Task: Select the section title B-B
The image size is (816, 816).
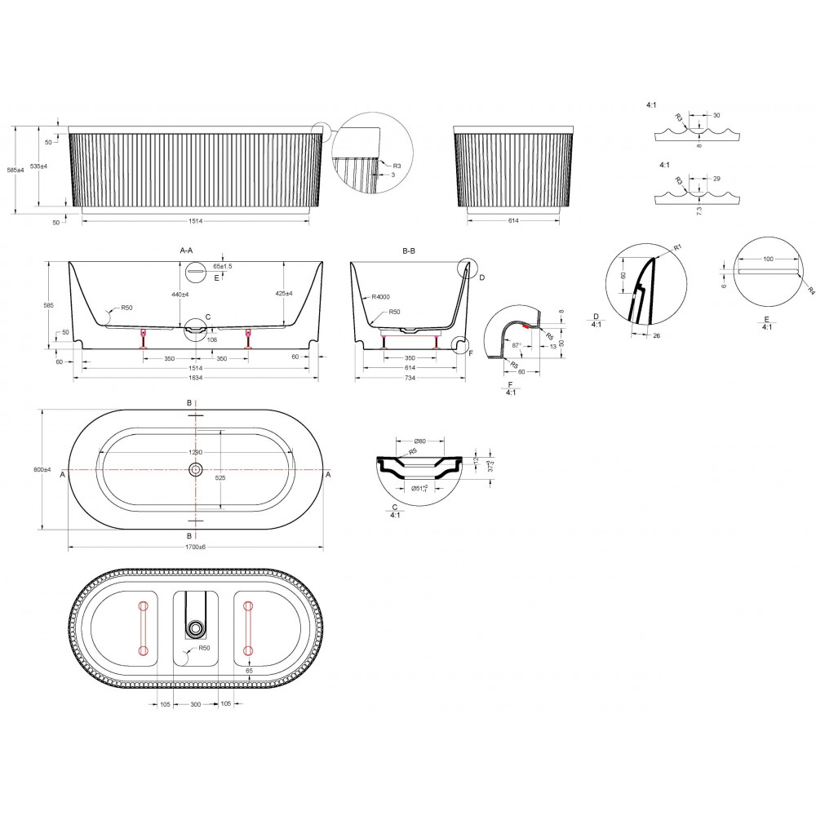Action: (410, 252)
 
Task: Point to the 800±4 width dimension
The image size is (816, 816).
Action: (43, 470)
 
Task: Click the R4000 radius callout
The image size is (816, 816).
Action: (379, 298)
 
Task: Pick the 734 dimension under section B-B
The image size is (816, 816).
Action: (410, 379)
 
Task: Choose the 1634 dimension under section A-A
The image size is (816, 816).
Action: (196, 379)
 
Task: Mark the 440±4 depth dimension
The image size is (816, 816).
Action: (180, 295)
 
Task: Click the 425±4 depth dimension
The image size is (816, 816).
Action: (284, 294)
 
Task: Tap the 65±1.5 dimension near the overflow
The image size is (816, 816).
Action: (222, 266)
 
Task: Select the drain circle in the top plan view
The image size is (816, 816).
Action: (195, 470)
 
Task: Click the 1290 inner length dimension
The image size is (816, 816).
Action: (195, 451)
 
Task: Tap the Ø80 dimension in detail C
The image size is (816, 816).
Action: (421, 441)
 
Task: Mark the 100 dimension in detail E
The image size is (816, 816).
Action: (767, 259)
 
